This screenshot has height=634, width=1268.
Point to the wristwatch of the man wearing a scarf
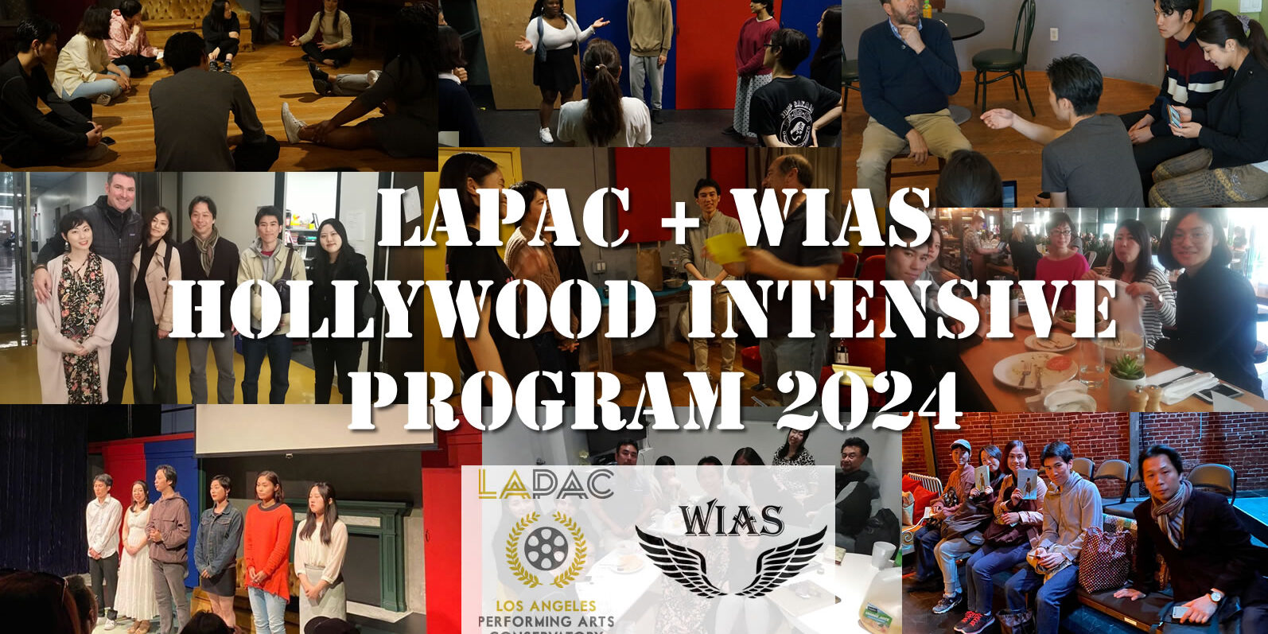[x=1213, y=595]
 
